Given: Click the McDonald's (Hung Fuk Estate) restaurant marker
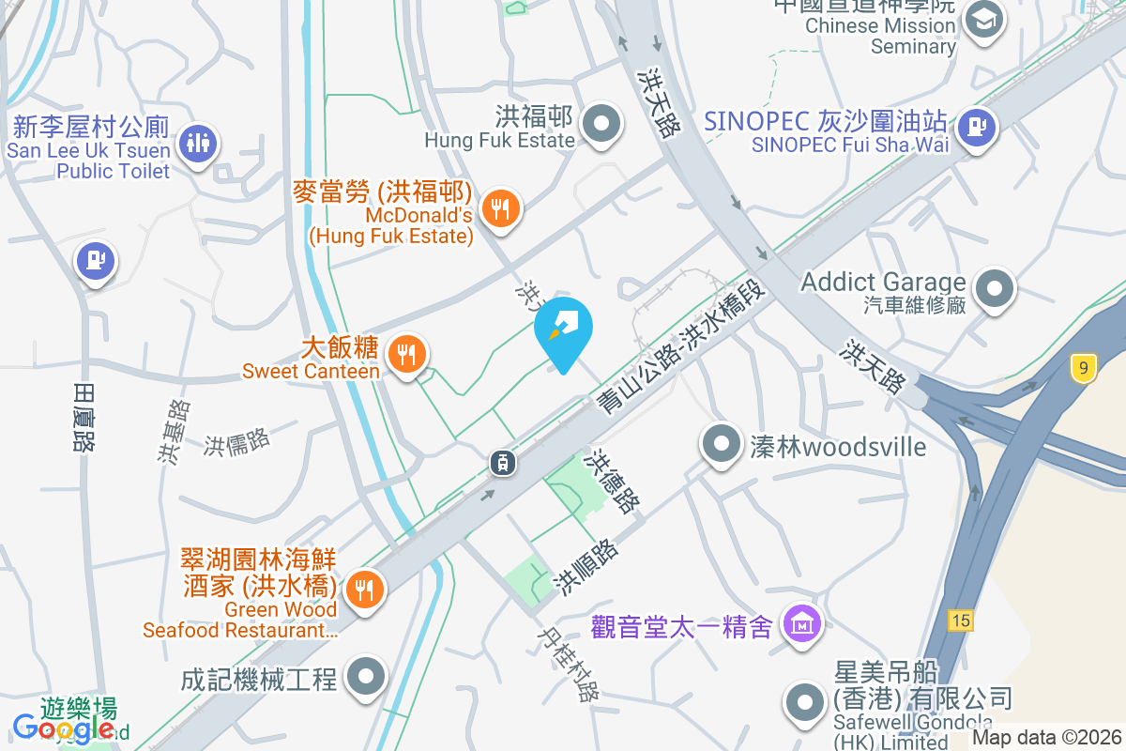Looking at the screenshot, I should (x=499, y=208).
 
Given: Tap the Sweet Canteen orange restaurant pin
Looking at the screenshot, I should (x=406, y=355).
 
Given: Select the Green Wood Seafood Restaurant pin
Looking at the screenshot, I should (x=363, y=590).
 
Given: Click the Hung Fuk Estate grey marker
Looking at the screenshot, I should (x=601, y=124).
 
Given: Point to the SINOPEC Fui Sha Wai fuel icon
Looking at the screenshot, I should (x=977, y=124).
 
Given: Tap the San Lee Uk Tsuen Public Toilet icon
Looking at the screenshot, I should (x=197, y=144).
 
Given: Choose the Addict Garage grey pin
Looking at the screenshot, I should (x=995, y=288).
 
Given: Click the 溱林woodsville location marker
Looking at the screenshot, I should (x=721, y=444).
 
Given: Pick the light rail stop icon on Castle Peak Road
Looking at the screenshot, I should (x=503, y=462).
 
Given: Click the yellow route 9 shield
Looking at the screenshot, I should (x=1084, y=368).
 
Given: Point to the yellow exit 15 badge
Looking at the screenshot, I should (x=959, y=620).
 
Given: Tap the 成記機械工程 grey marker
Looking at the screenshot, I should (x=365, y=677).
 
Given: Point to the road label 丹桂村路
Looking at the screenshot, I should (x=567, y=664).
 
